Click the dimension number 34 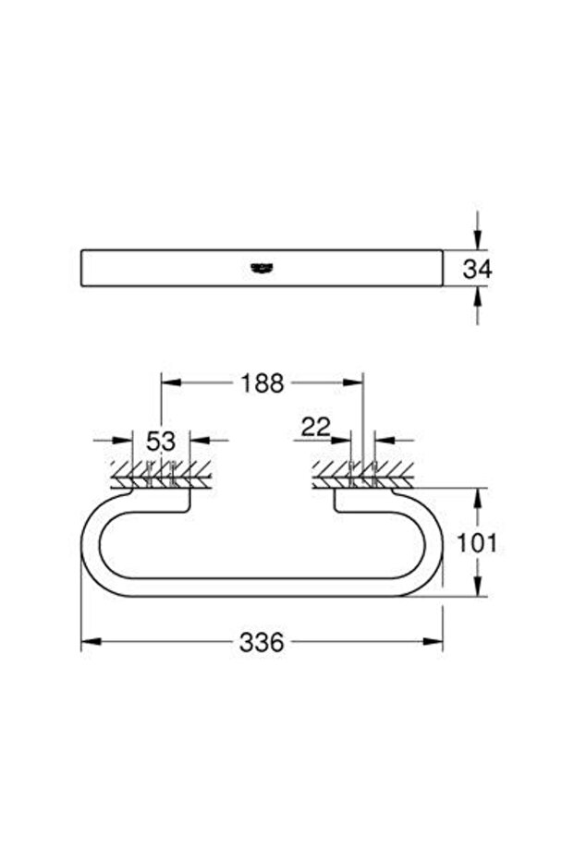tap(478, 269)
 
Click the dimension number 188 tap(263, 383)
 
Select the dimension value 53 tap(161, 441)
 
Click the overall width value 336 tap(262, 642)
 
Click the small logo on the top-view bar tap(263, 268)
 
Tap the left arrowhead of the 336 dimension tap(89, 642)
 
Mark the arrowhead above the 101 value tap(477, 496)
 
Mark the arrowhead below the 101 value tap(477, 588)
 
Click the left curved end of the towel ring tap(90, 542)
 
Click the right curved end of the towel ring tap(435, 542)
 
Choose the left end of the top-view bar tap(85, 268)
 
